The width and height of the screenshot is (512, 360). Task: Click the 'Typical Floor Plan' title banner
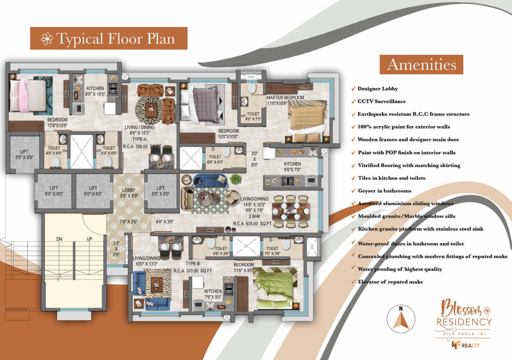click(x=109, y=38)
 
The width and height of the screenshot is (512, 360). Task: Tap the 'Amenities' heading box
click(x=421, y=65)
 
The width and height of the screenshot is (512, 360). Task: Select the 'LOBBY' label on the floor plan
click(x=129, y=190)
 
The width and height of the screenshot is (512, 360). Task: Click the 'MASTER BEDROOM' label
click(x=285, y=98)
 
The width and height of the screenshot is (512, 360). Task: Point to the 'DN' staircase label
click(x=59, y=239)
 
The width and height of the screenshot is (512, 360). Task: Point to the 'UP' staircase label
click(x=89, y=239)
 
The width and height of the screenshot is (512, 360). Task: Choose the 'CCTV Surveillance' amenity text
click(x=381, y=101)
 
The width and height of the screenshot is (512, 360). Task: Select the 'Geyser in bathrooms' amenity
click(x=384, y=191)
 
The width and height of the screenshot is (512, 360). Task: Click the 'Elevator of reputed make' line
click(x=390, y=282)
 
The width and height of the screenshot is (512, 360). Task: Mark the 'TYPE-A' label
click(x=139, y=139)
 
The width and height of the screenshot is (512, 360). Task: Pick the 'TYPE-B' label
click(x=193, y=264)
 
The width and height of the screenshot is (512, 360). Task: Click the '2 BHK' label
click(x=254, y=217)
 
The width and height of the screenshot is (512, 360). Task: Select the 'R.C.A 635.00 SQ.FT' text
click(x=252, y=224)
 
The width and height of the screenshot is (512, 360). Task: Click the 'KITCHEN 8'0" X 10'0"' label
click(x=95, y=91)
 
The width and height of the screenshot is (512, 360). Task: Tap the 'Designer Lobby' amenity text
click(x=378, y=89)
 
